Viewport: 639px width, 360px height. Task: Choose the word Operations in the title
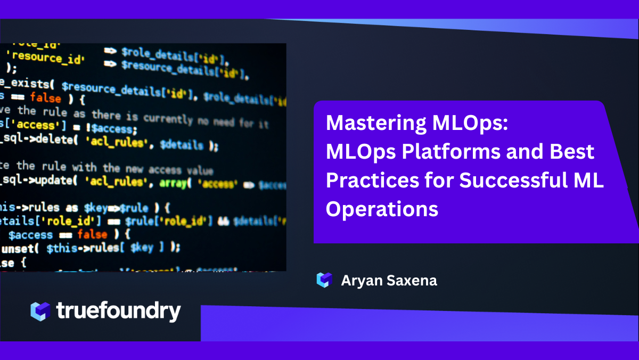(x=382, y=209)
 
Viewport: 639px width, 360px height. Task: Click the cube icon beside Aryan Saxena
(x=324, y=280)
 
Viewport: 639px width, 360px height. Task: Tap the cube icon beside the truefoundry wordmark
(x=40, y=311)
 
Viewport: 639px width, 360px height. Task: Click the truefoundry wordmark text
(x=118, y=311)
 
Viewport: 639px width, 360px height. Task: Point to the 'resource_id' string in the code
(x=47, y=58)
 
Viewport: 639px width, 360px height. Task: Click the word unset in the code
(x=20, y=248)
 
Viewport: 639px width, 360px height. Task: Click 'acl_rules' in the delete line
(x=118, y=143)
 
